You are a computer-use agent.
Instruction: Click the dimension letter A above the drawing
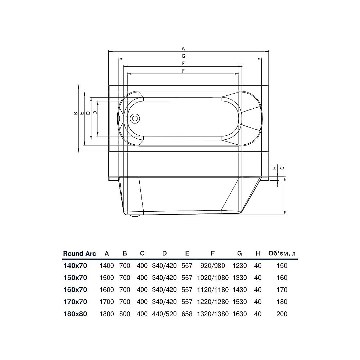tap(183, 48)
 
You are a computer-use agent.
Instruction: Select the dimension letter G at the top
tap(183, 56)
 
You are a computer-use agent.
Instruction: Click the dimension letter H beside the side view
tap(274, 168)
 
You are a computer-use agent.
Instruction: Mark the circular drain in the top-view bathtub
tap(136, 118)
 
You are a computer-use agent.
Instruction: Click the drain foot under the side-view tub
tap(135, 216)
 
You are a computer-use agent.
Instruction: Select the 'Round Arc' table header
tap(79, 253)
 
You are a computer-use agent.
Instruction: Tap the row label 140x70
tap(75, 266)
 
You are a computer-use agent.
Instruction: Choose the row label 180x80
tap(75, 314)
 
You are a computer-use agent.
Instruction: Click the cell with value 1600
tap(107, 290)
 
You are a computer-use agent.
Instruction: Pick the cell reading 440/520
tap(164, 314)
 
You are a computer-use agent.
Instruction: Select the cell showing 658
tap(187, 314)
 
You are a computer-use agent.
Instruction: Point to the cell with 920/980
tap(213, 266)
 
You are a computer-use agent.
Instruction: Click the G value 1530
tap(239, 302)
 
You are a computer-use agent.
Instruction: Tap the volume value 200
tap(282, 314)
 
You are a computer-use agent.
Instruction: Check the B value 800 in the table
tap(125, 314)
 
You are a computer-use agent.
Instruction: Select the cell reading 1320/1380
tap(213, 314)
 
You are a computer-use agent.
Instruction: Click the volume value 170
tap(282, 290)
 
